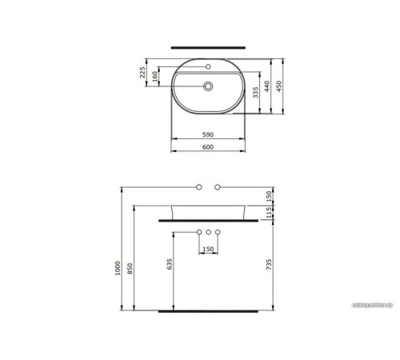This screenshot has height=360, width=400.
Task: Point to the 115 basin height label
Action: coord(270,211)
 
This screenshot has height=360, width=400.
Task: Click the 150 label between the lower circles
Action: coord(208,249)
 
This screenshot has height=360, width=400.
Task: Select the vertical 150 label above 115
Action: coord(270,195)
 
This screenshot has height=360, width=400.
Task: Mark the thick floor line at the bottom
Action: coord(209,310)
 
